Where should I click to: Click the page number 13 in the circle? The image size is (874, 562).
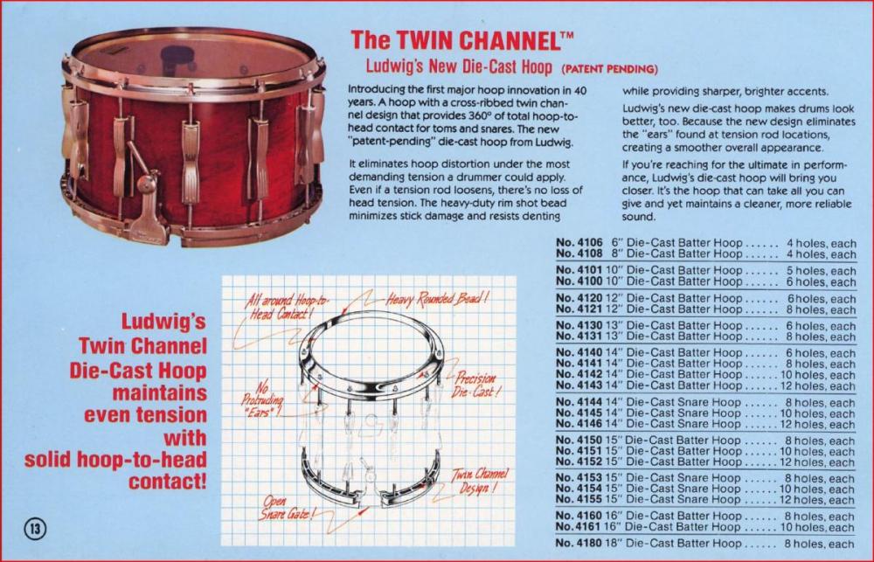point(35,528)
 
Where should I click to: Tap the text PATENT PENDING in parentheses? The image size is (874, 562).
point(610,69)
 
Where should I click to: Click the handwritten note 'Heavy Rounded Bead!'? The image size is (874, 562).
point(437,299)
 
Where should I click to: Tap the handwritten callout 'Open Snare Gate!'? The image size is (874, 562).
point(285,508)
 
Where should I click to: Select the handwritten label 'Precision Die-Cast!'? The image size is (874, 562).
point(475,385)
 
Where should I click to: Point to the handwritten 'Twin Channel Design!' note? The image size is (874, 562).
point(479,481)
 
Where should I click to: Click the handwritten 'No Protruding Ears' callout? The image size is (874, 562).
point(262,399)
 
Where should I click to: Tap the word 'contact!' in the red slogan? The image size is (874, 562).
point(168,482)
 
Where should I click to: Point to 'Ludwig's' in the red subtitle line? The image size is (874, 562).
point(393,66)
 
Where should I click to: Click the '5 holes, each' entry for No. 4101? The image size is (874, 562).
point(821,271)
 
